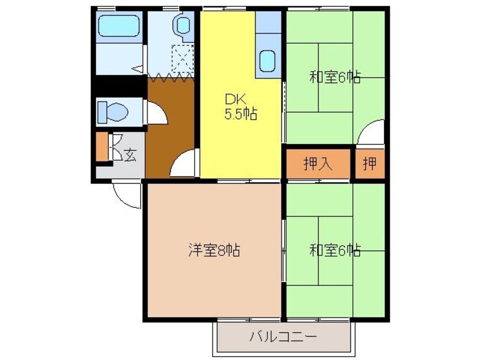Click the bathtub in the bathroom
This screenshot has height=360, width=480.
click(119, 26)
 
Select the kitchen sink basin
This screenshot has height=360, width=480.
click(267, 61)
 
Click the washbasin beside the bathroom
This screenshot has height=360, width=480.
click(183, 25)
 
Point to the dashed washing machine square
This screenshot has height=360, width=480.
click(183, 59)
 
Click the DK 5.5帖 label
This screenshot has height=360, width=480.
click(241, 107)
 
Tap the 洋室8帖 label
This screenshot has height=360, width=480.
click(214, 250)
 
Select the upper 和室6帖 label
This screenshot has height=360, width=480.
click(335, 77)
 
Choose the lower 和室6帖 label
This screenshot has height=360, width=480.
click(335, 250)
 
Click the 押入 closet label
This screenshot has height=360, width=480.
click(318, 164)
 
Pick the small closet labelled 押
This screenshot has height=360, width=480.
click(370, 164)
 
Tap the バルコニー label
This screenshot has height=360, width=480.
click(283, 337)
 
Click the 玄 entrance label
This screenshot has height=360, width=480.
click(130, 156)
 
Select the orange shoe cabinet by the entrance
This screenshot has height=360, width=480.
click(102, 146)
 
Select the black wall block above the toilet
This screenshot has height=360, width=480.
click(119, 85)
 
